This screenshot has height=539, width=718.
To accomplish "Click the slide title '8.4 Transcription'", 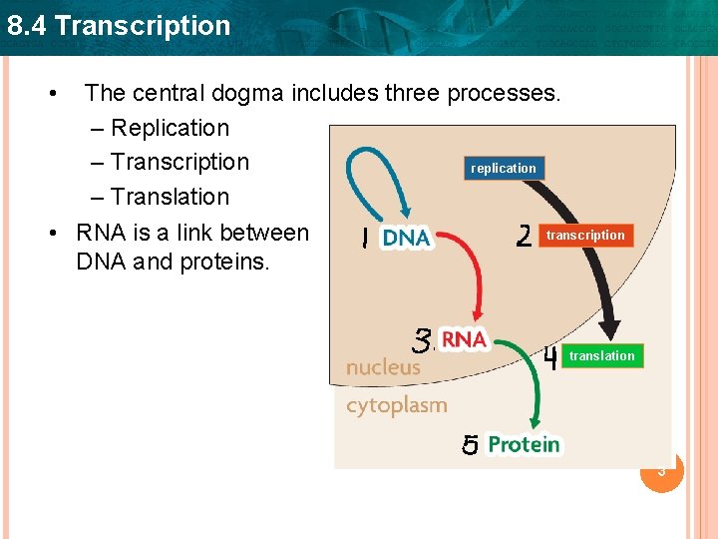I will pyautogui.click(x=118, y=25).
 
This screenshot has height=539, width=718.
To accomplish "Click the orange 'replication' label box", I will pyautogui.click(x=504, y=168).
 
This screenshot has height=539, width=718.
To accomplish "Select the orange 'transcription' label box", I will pyautogui.click(x=585, y=236).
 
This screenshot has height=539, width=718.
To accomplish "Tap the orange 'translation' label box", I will pyautogui.click(x=601, y=356).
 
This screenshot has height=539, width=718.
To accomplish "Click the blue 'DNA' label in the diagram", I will pyautogui.click(x=406, y=239).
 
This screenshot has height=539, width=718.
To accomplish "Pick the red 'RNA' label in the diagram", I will pyautogui.click(x=464, y=340).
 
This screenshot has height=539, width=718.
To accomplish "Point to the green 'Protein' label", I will pyautogui.click(x=524, y=445).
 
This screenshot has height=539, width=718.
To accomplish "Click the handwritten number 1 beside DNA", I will pyautogui.click(x=365, y=239).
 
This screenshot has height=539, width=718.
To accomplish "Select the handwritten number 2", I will pyautogui.click(x=524, y=236).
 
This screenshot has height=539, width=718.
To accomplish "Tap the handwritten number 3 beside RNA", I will pyautogui.click(x=424, y=340).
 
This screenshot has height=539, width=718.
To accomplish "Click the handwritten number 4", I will pyautogui.click(x=550, y=357).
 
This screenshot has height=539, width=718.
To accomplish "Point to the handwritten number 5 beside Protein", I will pyautogui.click(x=470, y=445).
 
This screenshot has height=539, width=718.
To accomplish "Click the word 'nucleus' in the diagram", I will pyautogui.click(x=383, y=367).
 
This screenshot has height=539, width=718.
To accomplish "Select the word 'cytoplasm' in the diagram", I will pyautogui.click(x=396, y=405).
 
